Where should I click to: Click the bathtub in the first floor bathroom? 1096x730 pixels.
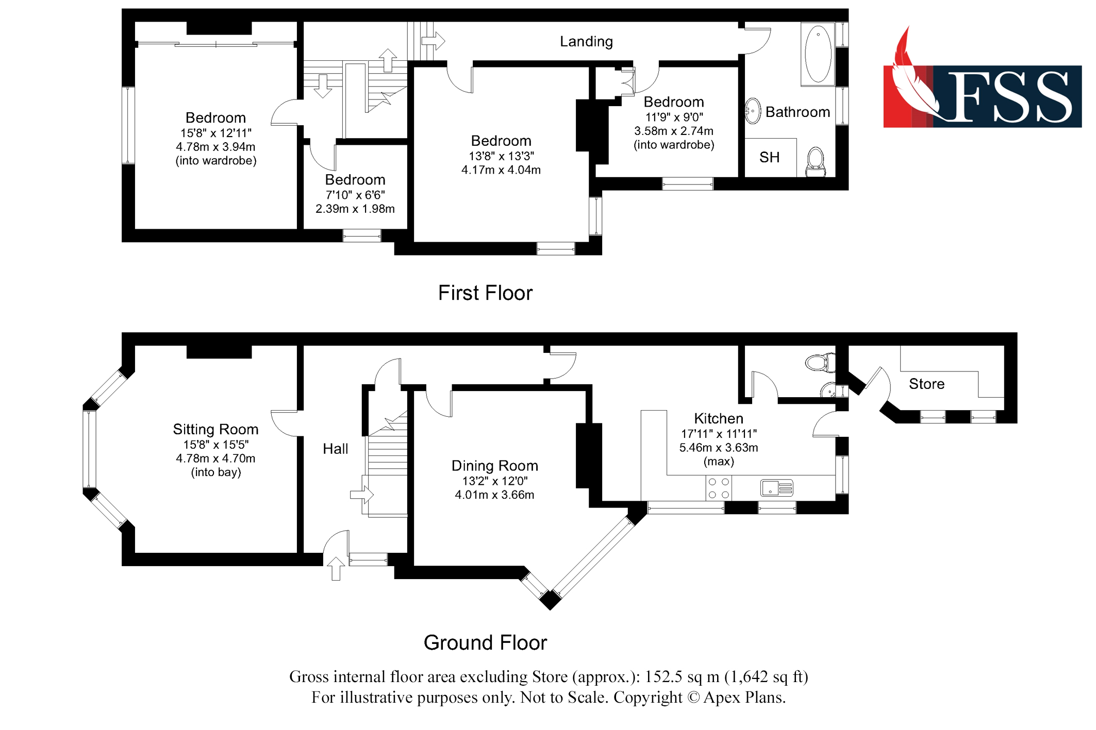(818, 54)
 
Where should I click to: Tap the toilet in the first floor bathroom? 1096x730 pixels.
(815, 161)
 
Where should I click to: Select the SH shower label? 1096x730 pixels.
(769, 158)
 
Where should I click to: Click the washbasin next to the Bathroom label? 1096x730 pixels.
(753, 111)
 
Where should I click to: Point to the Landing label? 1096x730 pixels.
(586, 42)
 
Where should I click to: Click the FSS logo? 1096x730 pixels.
(982, 88)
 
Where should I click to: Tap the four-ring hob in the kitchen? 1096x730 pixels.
(718, 488)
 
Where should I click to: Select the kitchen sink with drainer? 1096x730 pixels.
(776, 487)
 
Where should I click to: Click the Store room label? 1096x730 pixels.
(926, 384)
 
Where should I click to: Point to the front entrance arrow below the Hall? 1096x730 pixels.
(336, 569)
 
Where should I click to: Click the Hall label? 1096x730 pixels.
(335, 449)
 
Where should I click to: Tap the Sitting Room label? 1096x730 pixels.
(215, 429)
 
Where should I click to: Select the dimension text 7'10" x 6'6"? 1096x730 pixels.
(355, 195)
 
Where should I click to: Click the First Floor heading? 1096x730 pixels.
(485, 293)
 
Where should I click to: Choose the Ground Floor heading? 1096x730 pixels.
(485, 643)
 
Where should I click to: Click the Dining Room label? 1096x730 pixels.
(494, 466)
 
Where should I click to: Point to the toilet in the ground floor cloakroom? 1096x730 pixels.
(820, 362)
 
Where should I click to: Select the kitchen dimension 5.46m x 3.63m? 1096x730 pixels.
(718, 448)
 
